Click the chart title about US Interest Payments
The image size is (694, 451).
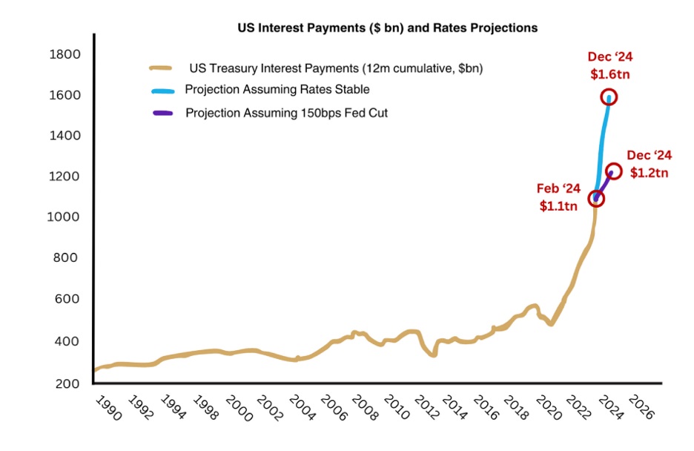point(387,28)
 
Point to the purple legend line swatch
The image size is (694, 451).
point(162,113)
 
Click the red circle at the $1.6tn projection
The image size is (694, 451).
point(609,97)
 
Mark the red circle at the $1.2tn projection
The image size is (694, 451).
point(614,171)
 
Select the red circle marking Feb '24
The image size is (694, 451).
point(596,199)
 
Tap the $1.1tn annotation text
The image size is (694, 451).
point(559,206)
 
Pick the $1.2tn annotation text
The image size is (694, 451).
point(650,172)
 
